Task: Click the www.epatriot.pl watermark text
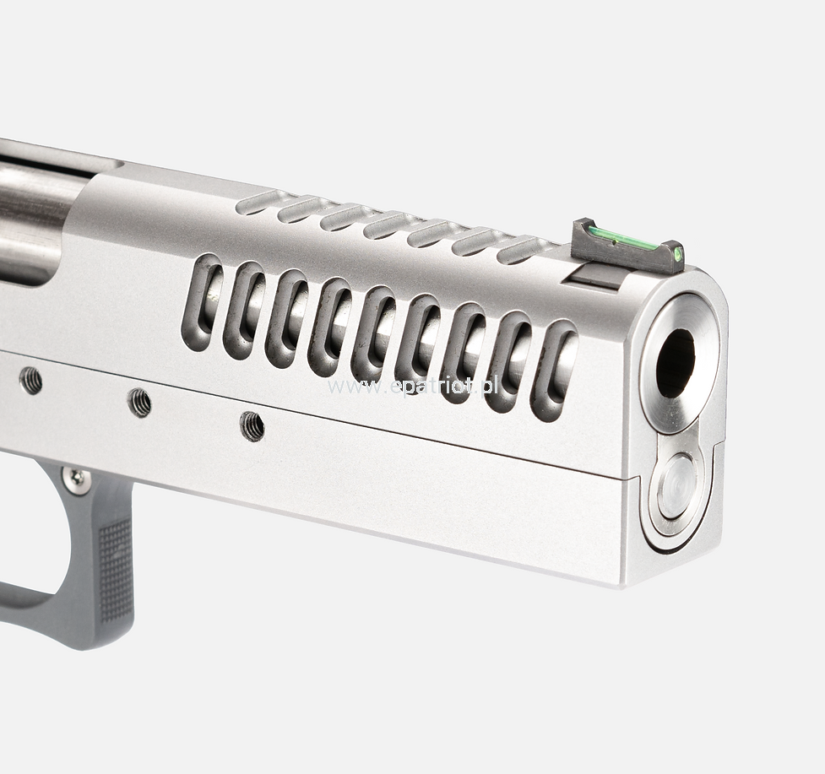[412, 387]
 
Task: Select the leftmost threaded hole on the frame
[30, 380]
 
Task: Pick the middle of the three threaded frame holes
[140, 403]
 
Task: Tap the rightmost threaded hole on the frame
[252, 425]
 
